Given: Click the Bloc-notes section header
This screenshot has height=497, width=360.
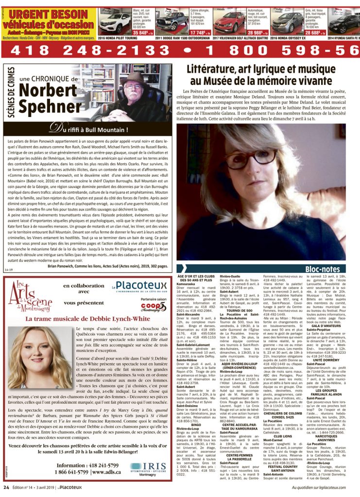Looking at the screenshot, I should click(x=322, y=268).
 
